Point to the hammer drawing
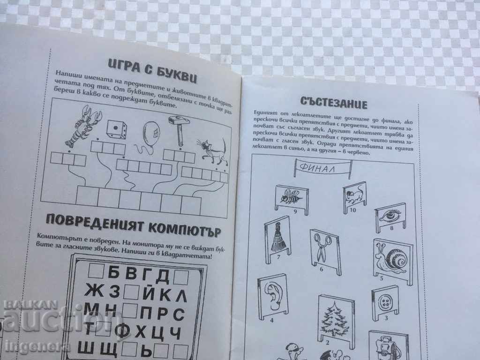pos(178,129)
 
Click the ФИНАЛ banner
pos(323,167)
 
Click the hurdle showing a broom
pos(275,237)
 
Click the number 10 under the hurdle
pos(352,210)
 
